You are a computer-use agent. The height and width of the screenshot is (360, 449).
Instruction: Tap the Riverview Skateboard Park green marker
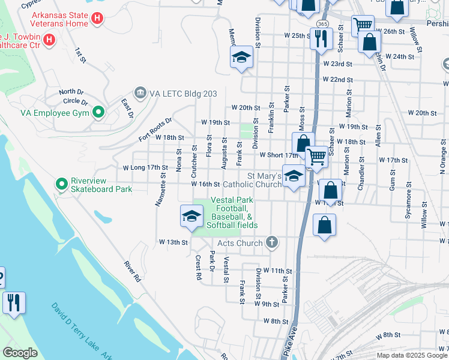click(x=61, y=184)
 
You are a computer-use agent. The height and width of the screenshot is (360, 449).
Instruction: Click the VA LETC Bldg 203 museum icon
click(x=140, y=92)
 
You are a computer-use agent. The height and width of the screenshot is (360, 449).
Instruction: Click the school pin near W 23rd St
click(x=241, y=58)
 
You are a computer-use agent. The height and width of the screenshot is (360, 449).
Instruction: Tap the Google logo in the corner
click(x=20, y=353)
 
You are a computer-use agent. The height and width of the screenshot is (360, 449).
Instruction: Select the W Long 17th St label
click(x=145, y=167)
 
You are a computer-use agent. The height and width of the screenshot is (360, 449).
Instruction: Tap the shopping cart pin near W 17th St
click(x=316, y=157)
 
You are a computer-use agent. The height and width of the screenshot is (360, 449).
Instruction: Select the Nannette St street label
click(x=160, y=190)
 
